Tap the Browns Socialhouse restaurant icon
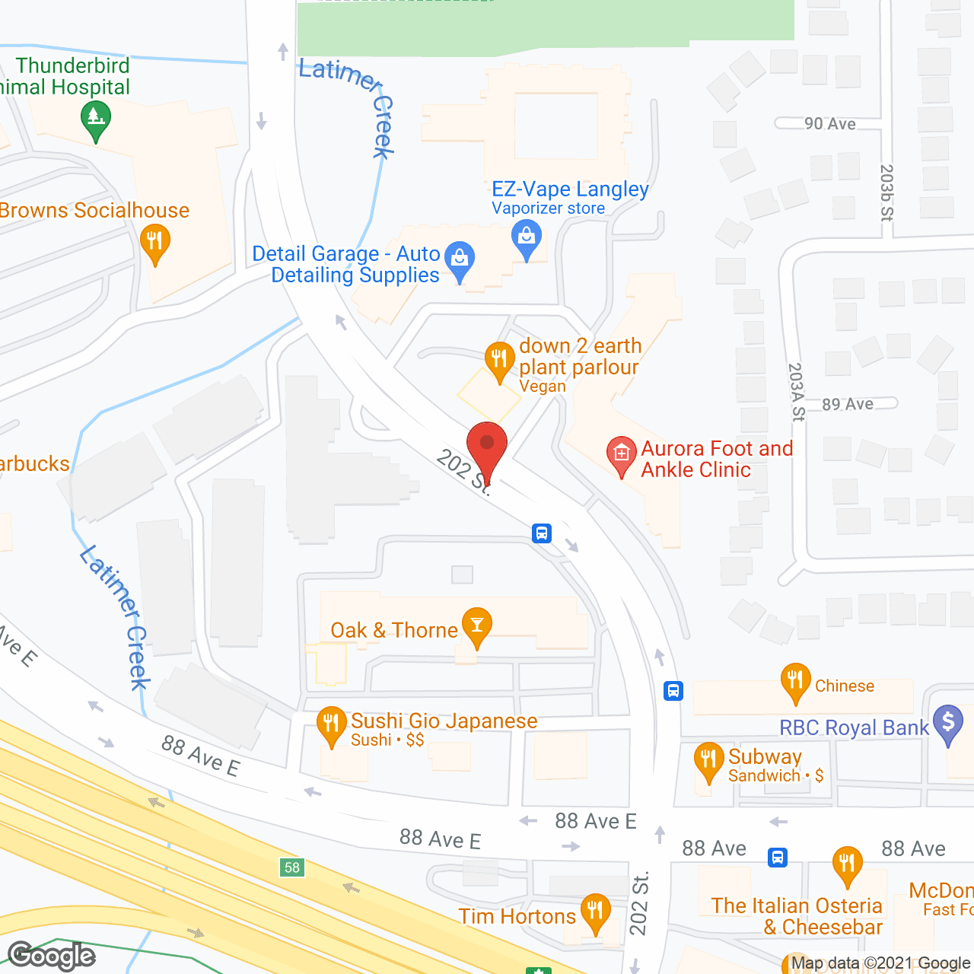point(155,242)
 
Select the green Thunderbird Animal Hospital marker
point(96,119)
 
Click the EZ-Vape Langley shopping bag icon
point(527,237)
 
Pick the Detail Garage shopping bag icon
point(460,259)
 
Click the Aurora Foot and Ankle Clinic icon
point(621,454)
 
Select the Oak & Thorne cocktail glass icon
point(477,625)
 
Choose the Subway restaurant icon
point(708,760)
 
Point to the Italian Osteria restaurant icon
point(847,864)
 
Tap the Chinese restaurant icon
point(795,681)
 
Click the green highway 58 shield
point(292,867)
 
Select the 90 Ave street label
point(830,124)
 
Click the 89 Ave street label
point(848,404)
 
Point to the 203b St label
point(886,193)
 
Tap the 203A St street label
point(797,392)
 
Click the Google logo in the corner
point(52,956)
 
